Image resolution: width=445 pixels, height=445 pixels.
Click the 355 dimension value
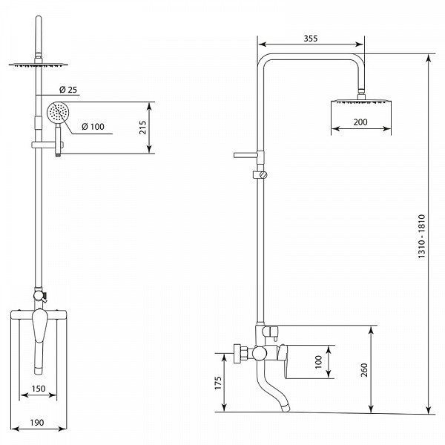311,39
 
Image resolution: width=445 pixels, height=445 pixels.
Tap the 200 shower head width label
360,122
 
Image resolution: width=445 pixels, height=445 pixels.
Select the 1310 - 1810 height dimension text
422,236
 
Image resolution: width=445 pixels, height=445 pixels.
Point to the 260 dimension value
364,370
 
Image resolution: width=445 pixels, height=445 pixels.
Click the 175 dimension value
217,383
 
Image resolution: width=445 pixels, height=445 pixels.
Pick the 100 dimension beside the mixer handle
318,362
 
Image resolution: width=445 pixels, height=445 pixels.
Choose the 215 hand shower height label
142,128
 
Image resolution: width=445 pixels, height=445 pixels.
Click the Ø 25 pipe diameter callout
68,90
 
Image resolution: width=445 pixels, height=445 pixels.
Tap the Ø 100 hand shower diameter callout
93,127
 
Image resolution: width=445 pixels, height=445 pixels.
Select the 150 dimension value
39,389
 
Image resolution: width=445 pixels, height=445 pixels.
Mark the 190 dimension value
37,423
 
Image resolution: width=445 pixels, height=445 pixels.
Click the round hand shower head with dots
58,113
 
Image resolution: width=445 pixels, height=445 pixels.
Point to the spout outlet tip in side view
286,409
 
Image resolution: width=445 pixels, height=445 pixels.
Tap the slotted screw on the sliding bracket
264,175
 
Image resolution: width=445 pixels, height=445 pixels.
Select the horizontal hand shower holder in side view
245,155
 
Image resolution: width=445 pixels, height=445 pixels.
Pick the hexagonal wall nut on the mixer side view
240,353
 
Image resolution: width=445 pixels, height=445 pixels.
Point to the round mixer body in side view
260,353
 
